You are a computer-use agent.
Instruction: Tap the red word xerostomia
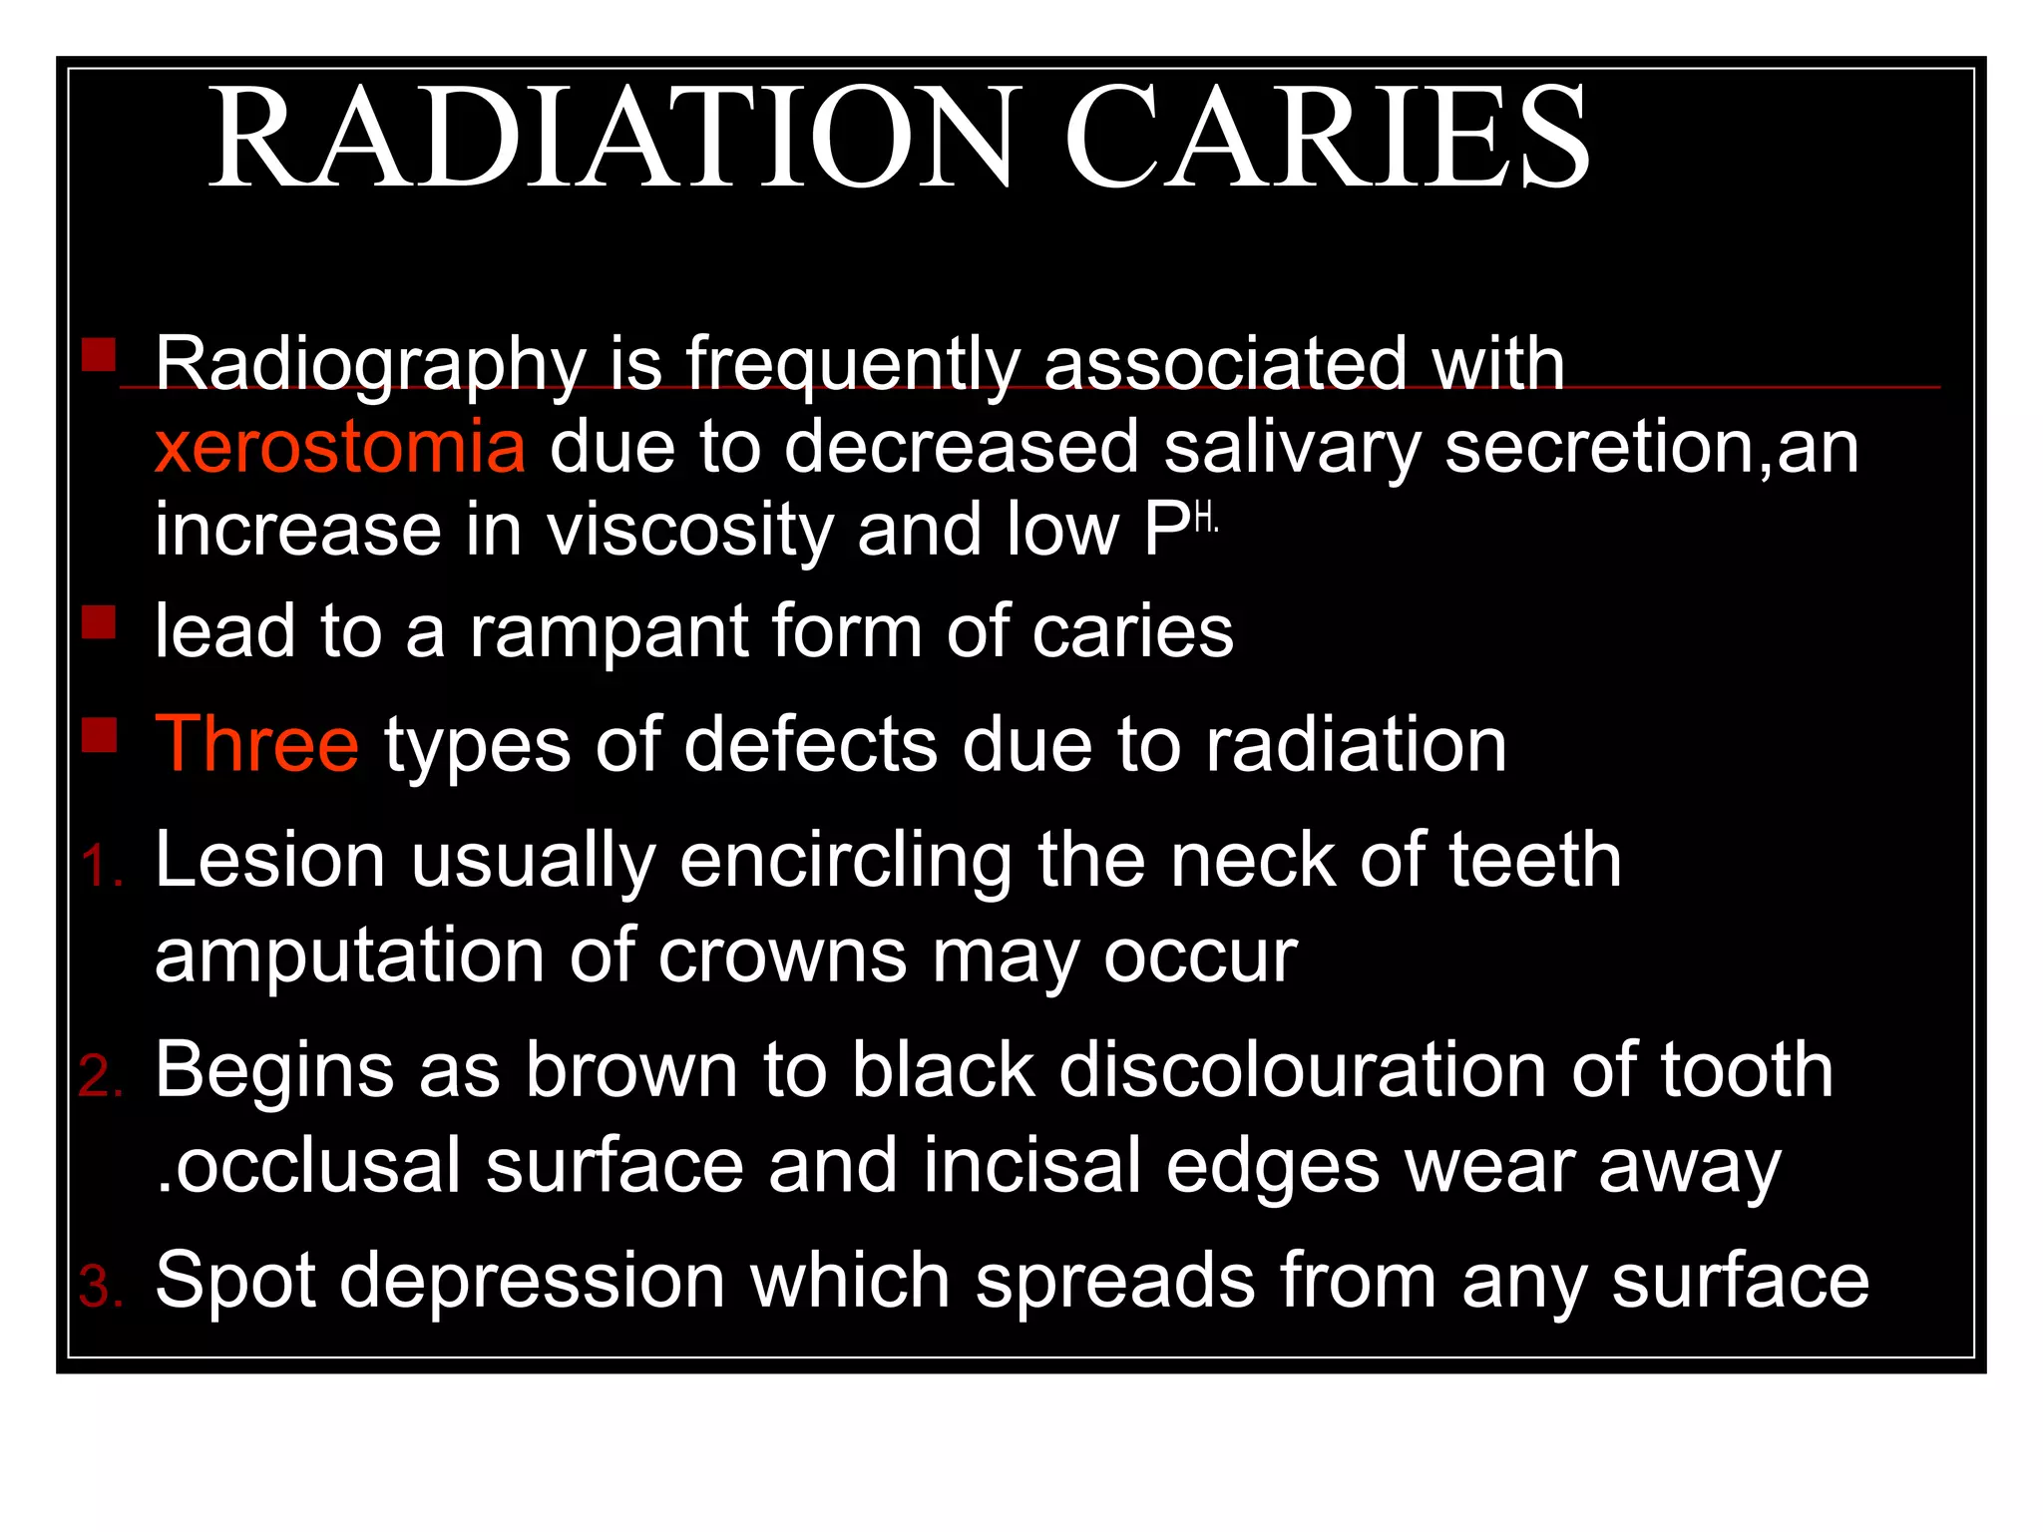tap(340, 448)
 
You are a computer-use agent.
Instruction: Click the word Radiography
tap(370, 365)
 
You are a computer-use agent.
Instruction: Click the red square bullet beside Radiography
tap(99, 354)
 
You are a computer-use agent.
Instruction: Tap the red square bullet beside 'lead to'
tap(99, 622)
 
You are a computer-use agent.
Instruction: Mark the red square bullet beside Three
tap(99, 735)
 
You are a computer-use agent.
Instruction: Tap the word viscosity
tap(689, 531)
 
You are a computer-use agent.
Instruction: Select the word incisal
tap(1031, 1166)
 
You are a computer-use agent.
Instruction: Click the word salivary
tap(1292, 448)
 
